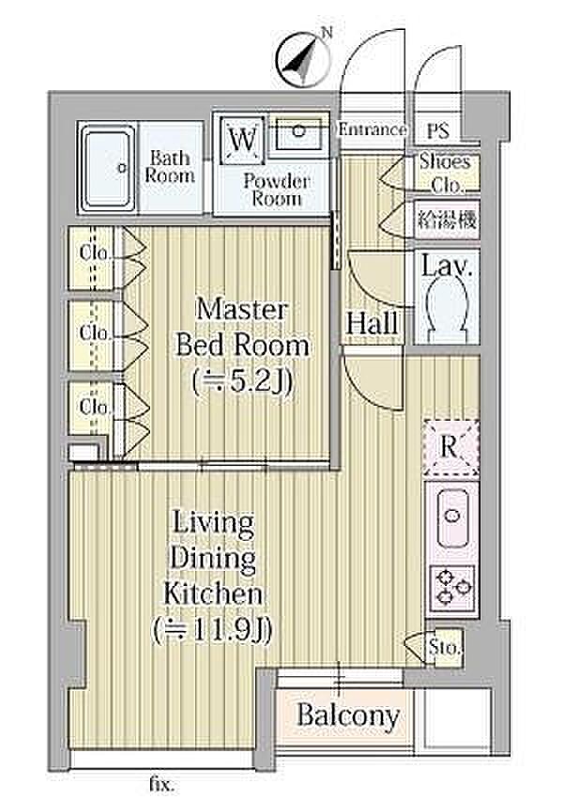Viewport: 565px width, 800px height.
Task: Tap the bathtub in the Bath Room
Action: (108, 168)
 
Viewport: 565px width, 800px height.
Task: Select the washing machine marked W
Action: (242, 140)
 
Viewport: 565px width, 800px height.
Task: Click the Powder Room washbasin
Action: (298, 132)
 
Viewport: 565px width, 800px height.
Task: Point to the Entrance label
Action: (373, 130)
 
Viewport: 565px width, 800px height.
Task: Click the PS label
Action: (438, 131)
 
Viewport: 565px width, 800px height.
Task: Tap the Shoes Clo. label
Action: (445, 174)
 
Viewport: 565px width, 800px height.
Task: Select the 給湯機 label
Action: (447, 220)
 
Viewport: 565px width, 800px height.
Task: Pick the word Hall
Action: (373, 323)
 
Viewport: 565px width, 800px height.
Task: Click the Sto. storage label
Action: (444, 648)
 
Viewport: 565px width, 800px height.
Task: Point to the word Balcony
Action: (348, 715)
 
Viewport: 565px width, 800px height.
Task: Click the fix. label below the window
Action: (161, 784)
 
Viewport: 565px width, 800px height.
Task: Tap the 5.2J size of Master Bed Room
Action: (243, 383)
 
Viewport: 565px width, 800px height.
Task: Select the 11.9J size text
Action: (213, 631)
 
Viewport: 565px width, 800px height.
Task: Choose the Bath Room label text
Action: (170, 167)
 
